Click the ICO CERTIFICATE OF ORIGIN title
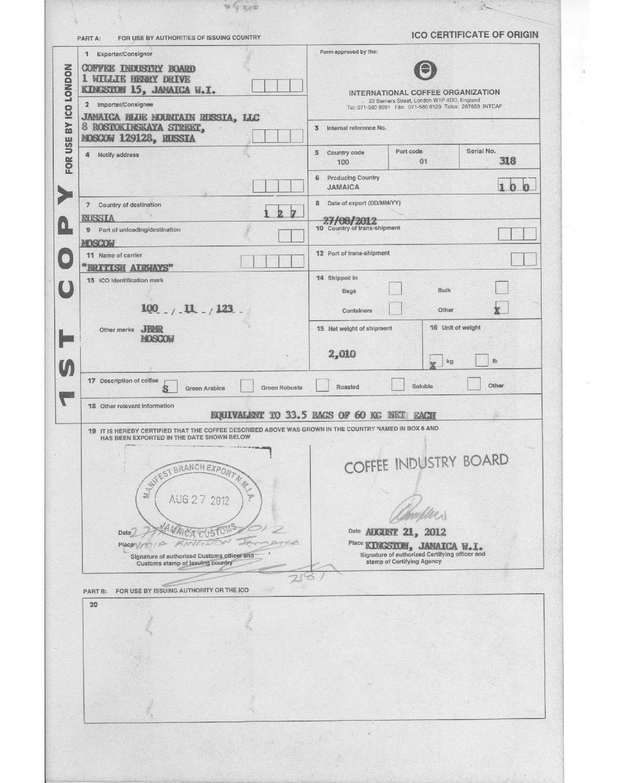[x=474, y=35]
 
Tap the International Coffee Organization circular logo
[x=424, y=71]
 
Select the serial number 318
[x=507, y=161]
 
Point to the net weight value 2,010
[x=342, y=354]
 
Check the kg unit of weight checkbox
[x=436, y=361]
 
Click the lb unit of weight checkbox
[x=482, y=360]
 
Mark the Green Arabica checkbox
[x=170, y=387]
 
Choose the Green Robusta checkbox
[x=247, y=386]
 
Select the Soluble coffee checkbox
[x=398, y=385]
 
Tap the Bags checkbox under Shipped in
[x=395, y=289]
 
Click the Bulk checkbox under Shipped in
[x=502, y=288]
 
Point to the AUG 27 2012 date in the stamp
[x=199, y=500]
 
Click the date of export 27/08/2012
[x=350, y=220]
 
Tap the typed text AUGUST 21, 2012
[x=405, y=532]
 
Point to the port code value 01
[x=423, y=162]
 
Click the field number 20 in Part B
[x=94, y=605]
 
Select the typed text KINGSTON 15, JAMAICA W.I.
[x=148, y=90]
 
